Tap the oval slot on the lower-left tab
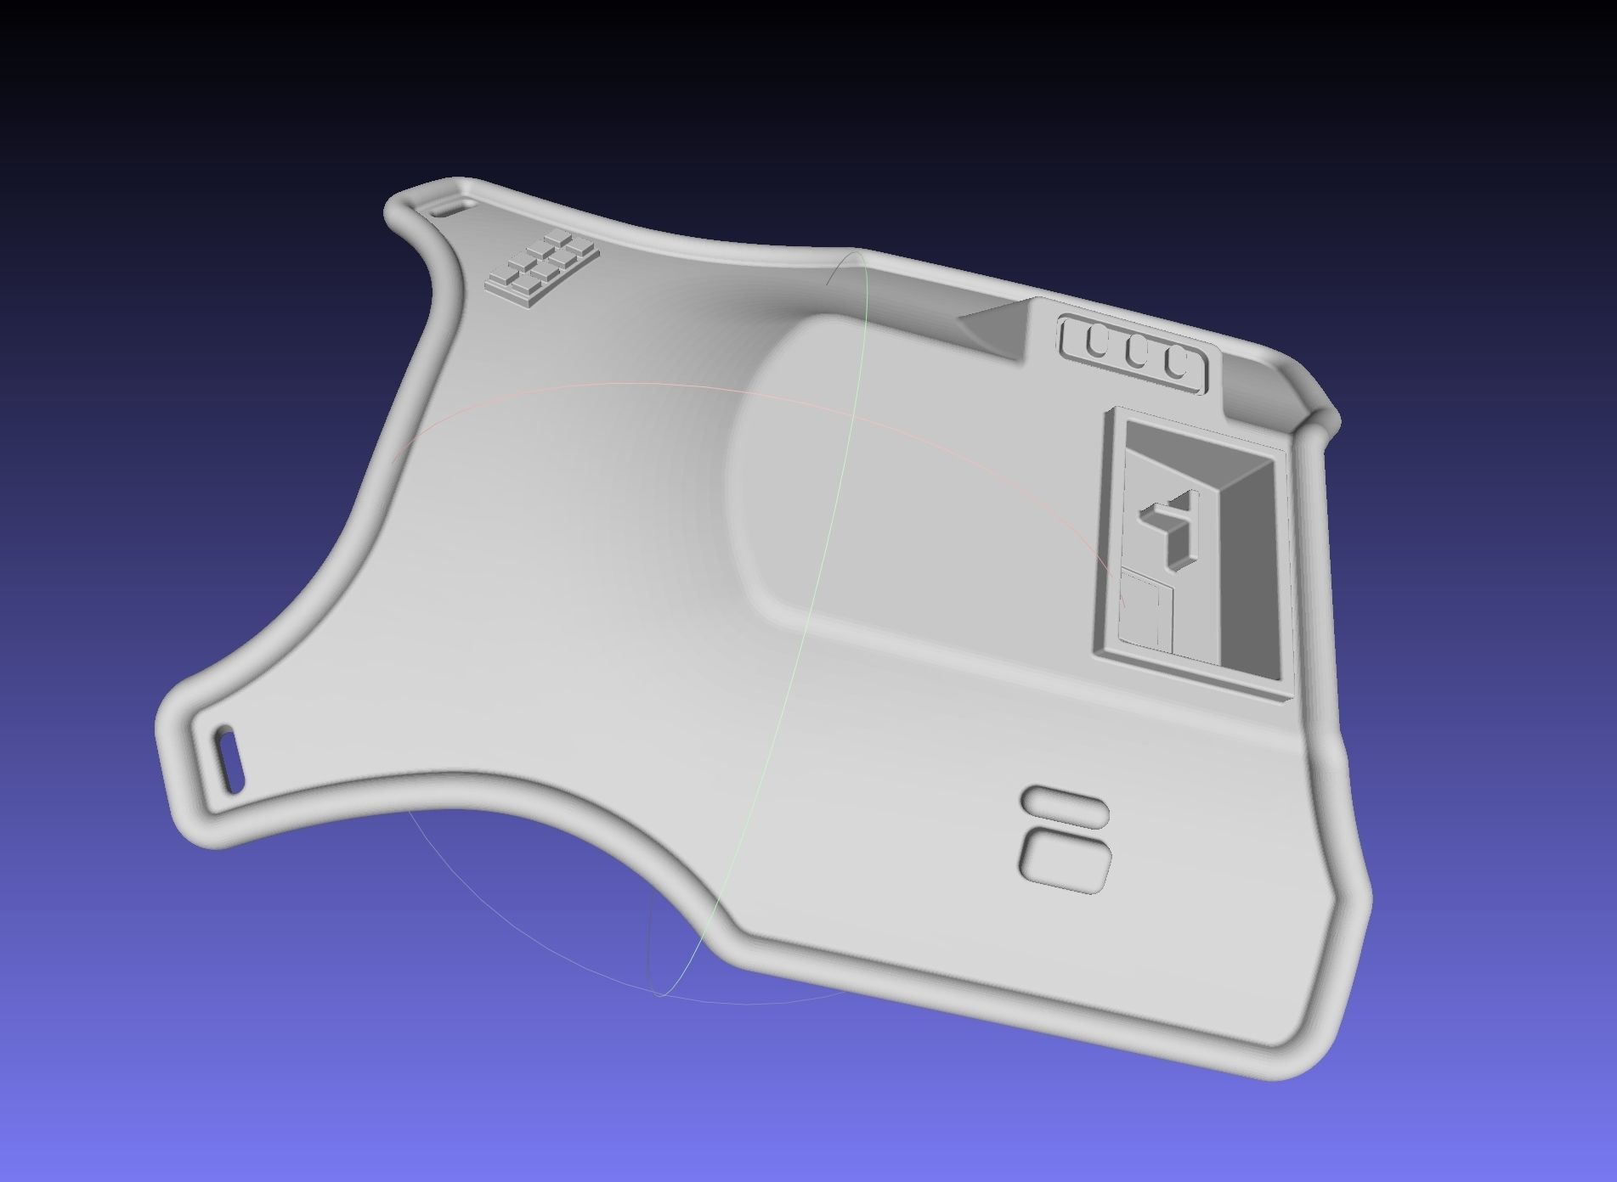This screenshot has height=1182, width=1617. point(229,758)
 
